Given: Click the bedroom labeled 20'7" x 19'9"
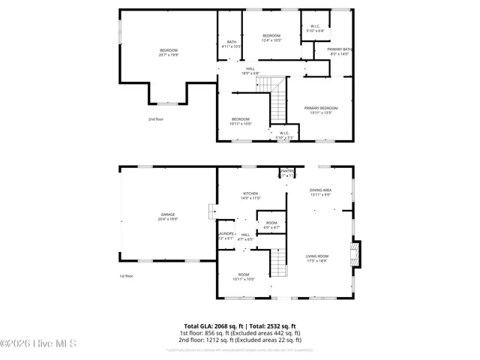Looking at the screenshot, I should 168,52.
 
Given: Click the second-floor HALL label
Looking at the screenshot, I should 250,70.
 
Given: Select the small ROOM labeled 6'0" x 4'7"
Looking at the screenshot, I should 271,225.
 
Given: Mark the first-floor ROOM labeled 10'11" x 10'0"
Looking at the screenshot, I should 244,277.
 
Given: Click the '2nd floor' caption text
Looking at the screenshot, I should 155,119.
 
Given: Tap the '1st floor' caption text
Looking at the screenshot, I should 127,277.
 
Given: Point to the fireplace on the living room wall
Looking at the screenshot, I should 357,250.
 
